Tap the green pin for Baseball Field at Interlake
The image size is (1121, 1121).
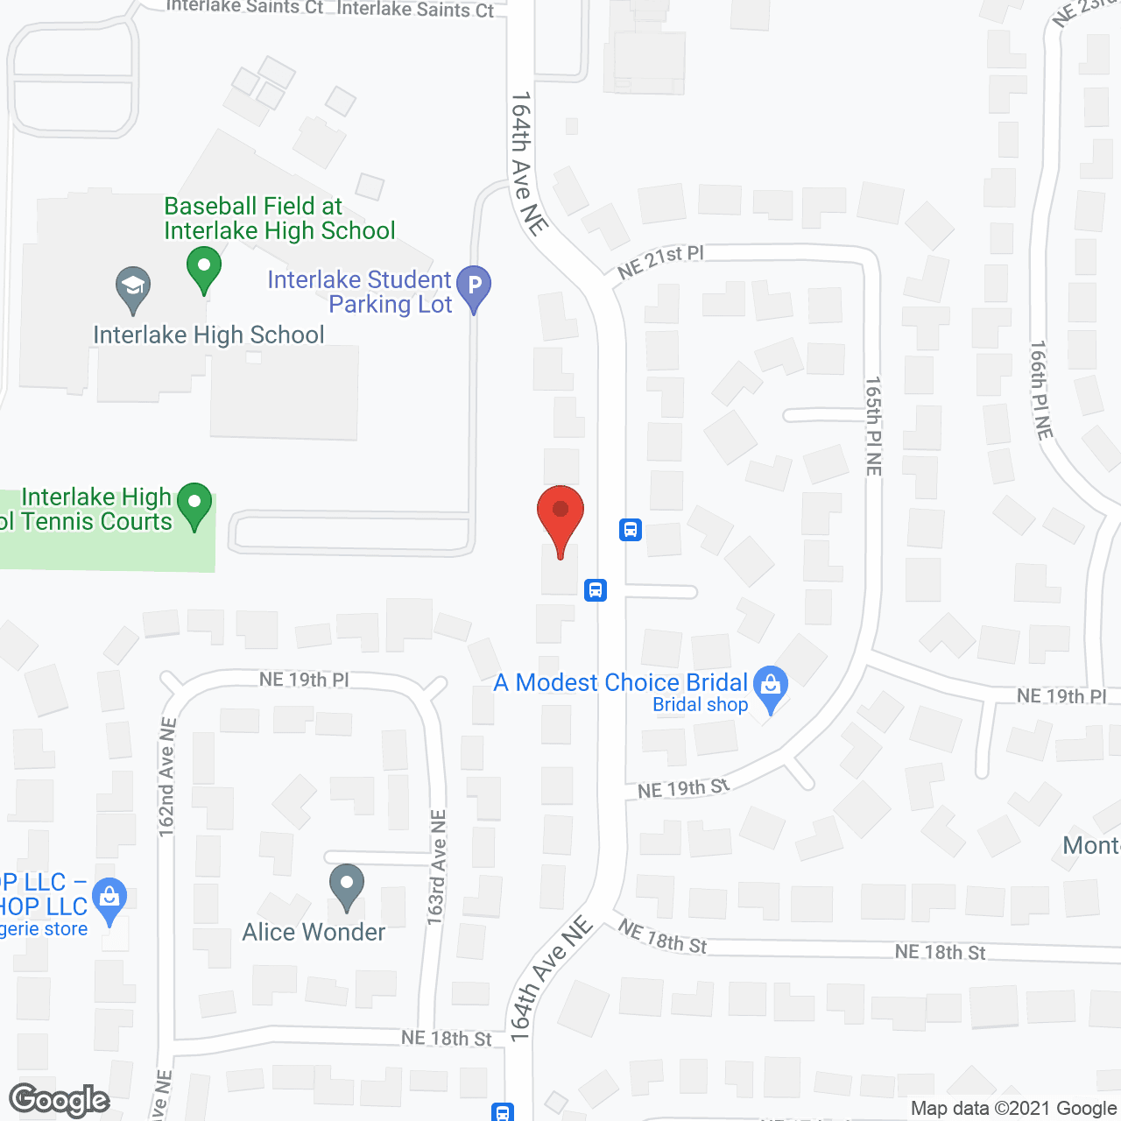click(204, 269)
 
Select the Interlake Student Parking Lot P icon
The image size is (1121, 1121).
click(474, 287)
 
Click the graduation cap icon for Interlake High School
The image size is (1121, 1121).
click(133, 288)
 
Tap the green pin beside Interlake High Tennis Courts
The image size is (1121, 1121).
click(194, 505)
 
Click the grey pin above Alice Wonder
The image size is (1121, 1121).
click(347, 886)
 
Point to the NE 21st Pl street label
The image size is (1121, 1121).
click(660, 261)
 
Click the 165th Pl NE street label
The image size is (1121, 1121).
click(873, 426)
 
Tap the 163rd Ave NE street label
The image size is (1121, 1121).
click(437, 868)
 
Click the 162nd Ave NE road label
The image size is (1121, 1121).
click(166, 778)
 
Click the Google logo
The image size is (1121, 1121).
click(60, 1101)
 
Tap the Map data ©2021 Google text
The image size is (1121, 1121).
click(1014, 1109)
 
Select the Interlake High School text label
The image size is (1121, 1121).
click(208, 335)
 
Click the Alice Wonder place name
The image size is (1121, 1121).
click(314, 932)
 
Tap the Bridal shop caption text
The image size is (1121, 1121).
click(701, 705)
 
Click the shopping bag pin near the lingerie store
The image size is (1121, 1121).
click(109, 899)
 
